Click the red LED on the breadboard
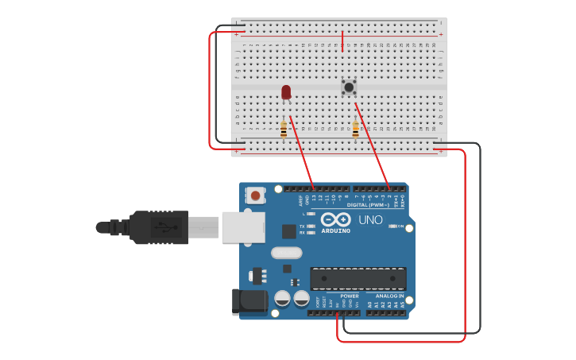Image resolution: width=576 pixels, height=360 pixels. (x=286, y=92)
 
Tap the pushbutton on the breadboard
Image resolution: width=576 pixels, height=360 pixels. (x=348, y=86)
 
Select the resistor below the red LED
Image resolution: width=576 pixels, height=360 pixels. (x=284, y=129)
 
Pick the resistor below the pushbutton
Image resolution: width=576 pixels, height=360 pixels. (x=355, y=129)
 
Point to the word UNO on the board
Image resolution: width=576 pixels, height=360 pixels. (x=370, y=220)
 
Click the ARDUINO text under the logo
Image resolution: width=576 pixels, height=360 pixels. (x=335, y=231)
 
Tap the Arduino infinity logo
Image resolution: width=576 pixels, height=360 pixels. (x=336, y=219)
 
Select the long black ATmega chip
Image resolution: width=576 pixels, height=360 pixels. (x=358, y=279)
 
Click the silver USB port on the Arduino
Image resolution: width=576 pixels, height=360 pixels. (x=243, y=227)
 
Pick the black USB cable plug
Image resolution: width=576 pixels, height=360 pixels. (x=159, y=227)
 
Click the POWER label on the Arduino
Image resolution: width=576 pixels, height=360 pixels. (x=350, y=296)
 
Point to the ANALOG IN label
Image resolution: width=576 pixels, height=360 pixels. (x=389, y=296)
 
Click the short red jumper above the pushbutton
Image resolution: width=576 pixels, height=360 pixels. (x=342, y=41)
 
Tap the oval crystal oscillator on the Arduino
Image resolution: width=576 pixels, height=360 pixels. (x=286, y=254)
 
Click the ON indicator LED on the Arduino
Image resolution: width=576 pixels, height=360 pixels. (x=392, y=226)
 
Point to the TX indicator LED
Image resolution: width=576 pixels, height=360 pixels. (x=311, y=226)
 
